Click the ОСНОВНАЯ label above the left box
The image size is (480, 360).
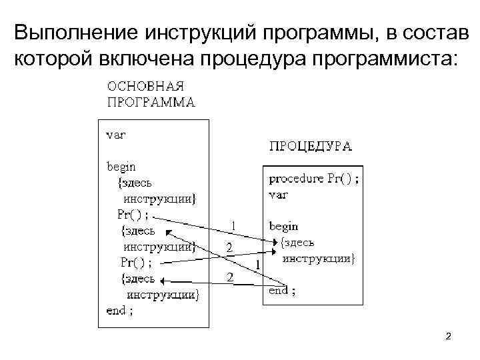click(x=145, y=87)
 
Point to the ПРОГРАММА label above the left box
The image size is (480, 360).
click(x=151, y=103)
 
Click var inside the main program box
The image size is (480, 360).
click(x=117, y=133)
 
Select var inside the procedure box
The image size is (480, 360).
click(x=278, y=194)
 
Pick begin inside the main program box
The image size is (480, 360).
click(x=121, y=165)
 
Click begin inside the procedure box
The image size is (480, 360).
click(x=283, y=226)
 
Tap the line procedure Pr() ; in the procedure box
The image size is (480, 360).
click(x=314, y=179)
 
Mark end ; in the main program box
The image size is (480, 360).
click(x=120, y=310)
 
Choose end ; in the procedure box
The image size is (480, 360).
click(x=283, y=290)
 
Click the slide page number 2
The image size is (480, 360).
click(x=449, y=337)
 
